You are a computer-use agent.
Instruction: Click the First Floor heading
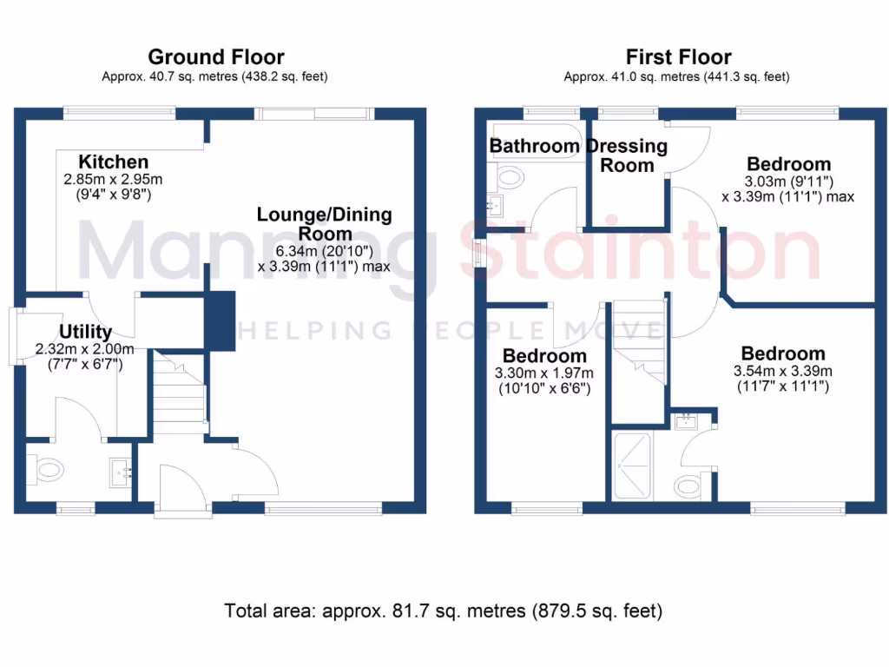(x=678, y=57)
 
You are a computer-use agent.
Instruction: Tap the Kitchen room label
(x=114, y=162)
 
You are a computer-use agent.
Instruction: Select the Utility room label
(x=85, y=331)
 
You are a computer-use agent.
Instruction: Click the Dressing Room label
(x=627, y=155)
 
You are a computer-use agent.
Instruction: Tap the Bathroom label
(x=534, y=145)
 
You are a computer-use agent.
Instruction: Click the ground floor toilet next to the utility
(x=47, y=471)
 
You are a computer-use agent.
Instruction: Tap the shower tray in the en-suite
(x=635, y=466)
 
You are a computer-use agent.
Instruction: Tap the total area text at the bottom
(x=444, y=611)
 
